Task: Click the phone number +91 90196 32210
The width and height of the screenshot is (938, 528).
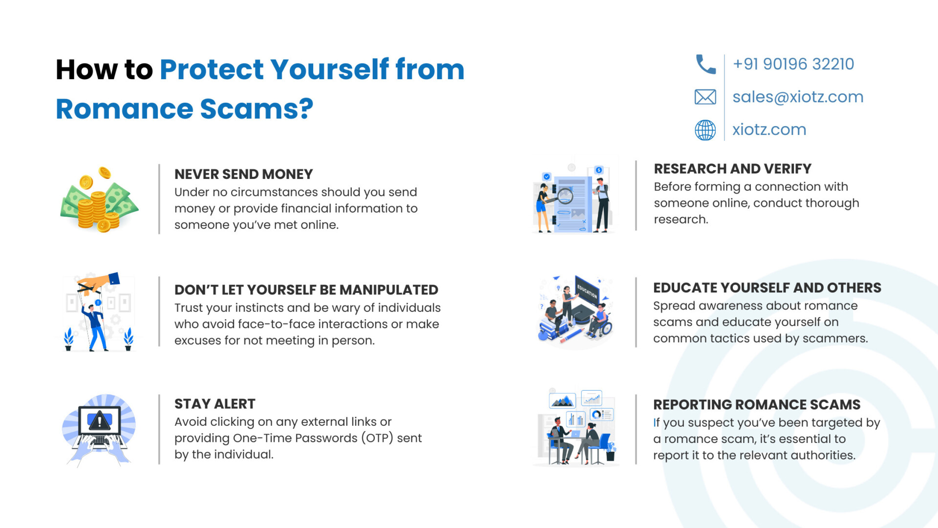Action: (x=793, y=64)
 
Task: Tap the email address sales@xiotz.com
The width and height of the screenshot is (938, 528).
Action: (x=798, y=97)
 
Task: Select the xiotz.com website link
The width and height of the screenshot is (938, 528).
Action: (x=769, y=130)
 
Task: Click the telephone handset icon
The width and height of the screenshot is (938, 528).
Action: (x=705, y=64)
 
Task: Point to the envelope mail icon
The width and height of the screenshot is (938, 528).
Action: (x=705, y=97)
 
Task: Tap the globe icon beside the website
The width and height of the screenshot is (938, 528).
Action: (x=705, y=130)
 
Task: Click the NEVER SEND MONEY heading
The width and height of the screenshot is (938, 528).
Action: (x=243, y=174)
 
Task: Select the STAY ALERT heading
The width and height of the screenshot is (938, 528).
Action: (x=215, y=404)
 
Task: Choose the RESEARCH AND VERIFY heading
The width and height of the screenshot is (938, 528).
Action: (x=732, y=169)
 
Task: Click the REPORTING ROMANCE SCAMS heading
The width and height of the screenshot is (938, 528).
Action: (x=757, y=405)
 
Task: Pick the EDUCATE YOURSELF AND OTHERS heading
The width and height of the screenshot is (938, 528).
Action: (x=767, y=288)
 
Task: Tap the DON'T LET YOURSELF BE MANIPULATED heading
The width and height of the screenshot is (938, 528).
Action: (x=306, y=290)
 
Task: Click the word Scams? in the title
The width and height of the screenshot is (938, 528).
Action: (x=256, y=109)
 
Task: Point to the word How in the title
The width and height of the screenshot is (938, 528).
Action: (x=86, y=69)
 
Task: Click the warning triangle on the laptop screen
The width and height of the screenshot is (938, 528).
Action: (x=100, y=420)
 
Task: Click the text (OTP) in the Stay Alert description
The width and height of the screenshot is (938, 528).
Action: (x=378, y=438)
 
